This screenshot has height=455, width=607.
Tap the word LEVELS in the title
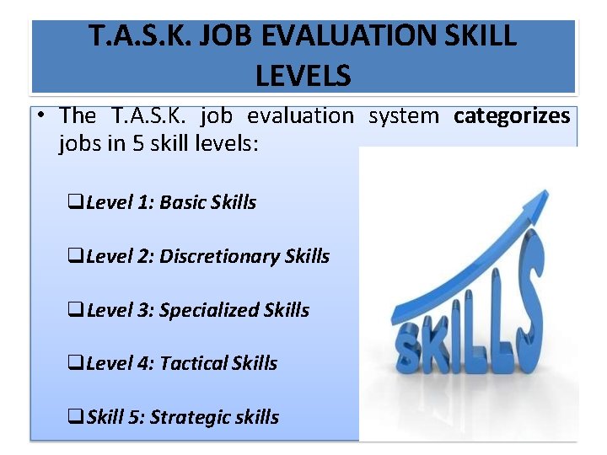[303, 76]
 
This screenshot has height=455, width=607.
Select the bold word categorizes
[512, 115]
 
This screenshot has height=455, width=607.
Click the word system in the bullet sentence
[404, 115]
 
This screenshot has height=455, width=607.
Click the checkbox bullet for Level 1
[75, 203]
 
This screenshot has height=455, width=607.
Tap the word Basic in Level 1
[184, 202]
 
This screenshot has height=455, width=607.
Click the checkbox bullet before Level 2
[75, 257]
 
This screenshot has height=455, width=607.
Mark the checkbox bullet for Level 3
[75, 311]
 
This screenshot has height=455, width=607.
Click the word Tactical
[193, 363]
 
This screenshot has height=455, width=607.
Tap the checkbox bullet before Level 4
[75, 364]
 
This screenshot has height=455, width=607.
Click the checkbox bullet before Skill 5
[75, 418]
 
